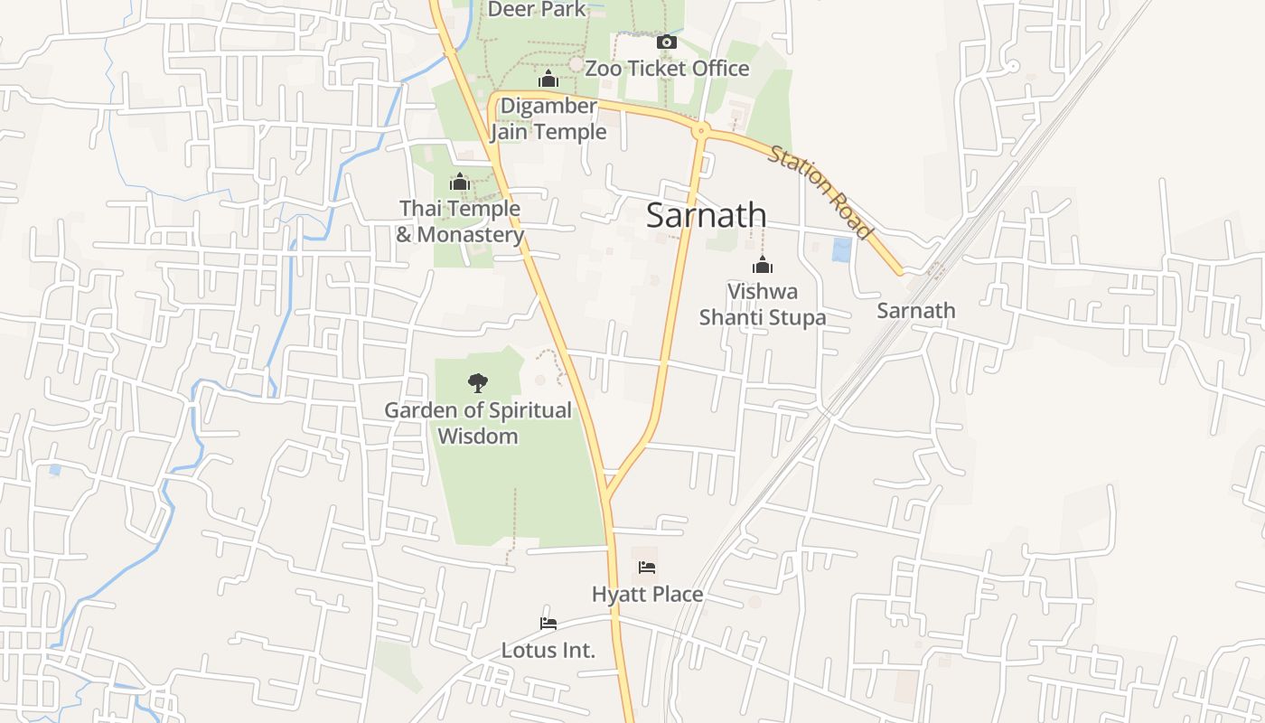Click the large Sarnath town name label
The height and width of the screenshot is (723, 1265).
click(x=707, y=215)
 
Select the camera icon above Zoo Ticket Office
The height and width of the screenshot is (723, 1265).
click(x=666, y=42)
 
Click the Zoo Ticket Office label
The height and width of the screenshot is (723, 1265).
click(x=667, y=69)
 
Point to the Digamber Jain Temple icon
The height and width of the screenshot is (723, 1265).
click(x=548, y=80)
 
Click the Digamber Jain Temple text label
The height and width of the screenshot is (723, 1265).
click(x=548, y=119)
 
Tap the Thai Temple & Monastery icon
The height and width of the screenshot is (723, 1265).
click(x=460, y=183)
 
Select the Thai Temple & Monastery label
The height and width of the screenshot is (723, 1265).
click(x=460, y=221)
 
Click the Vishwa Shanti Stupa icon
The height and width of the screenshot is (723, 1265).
click(x=763, y=265)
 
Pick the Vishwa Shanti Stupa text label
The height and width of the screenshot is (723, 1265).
click(x=763, y=305)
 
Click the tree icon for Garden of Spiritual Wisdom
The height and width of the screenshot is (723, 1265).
click(x=477, y=383)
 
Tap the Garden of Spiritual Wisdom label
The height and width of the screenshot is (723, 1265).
click(x=478, y=423)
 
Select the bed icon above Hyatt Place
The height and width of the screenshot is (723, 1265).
click(x=647, y=568)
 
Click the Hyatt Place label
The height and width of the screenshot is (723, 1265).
click(x=647, y=595)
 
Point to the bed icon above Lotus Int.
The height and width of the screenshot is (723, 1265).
click(x=548, y=624)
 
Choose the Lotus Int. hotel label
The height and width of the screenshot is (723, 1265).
click(x=548, y=650)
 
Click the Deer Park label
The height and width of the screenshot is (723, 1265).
click(x=537, y=10)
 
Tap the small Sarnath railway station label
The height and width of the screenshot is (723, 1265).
click(x=916, y=311)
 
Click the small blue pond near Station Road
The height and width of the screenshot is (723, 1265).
click(x=842, y=250)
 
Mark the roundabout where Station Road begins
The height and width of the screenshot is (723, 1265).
click(x=700, y=132)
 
